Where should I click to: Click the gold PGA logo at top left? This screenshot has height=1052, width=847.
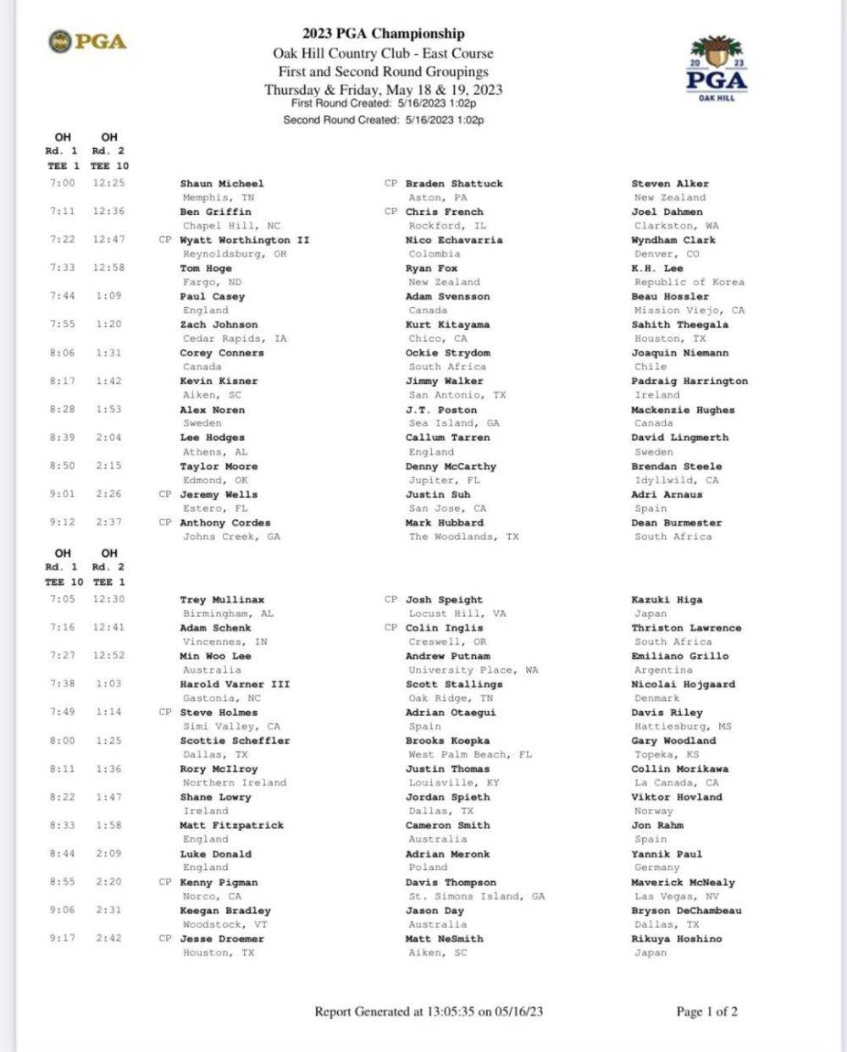coord(87,41)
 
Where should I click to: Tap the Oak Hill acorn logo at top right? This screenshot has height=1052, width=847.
coord(717,69)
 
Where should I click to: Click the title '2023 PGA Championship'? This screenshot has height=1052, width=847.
coord(383,34)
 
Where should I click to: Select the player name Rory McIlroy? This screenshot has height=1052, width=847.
coord(219,769)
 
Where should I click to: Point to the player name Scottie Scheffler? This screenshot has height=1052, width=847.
coord(235,741)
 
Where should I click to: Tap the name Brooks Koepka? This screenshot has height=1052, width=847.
coord(447,741)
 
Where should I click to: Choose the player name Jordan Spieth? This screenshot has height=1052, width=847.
coord(447,797)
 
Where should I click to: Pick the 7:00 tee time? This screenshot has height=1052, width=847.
coord(62,183)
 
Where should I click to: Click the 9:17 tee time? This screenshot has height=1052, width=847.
coord(62,939)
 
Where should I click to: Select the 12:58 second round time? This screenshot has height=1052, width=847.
coord(108,267)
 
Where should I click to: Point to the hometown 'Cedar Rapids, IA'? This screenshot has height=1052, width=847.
coord(235,339)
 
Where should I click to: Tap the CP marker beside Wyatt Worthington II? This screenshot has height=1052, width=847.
coord(165,240)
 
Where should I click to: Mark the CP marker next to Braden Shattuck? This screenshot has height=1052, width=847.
coord(390,183)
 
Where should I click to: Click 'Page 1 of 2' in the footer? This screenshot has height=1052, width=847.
coord(706,1011)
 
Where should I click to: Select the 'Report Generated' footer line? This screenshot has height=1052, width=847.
coord(429,1011)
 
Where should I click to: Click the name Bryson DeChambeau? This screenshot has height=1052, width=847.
coord(686,911)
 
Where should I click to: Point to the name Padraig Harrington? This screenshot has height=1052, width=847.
coord(689,381)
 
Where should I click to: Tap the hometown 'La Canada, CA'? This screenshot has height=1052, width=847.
coord(676,783)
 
